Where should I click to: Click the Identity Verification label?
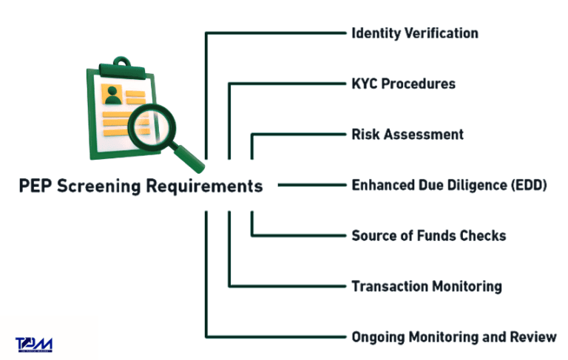click(414, 33)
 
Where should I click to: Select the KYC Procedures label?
click(403, 84)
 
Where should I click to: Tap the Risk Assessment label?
click(407, 135)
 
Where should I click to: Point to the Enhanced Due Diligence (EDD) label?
click(449, 185)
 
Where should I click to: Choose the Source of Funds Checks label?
click(428, 236)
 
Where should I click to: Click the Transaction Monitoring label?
click(426, 286)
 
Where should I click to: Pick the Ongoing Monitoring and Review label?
click(453, 337)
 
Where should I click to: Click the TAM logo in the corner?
click(34, 344)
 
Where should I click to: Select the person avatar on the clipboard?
click(112, 94)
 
